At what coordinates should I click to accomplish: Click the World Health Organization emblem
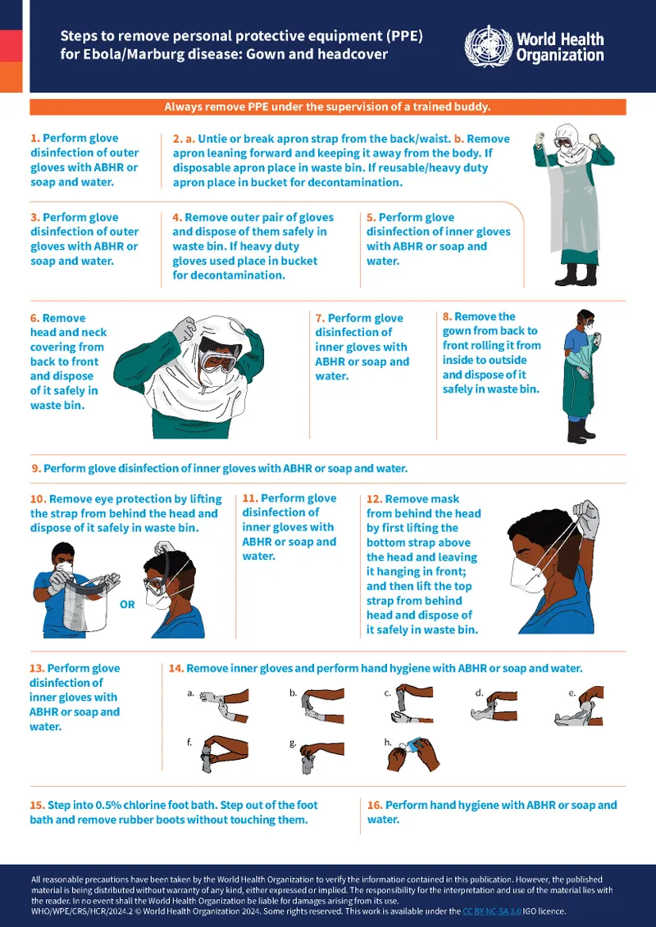(x=487, y=46)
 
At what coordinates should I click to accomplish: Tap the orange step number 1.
(x=34, y=139)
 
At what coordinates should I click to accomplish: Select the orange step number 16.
(x=375, y=805)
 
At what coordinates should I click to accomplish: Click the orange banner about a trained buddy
(x=327, y=107)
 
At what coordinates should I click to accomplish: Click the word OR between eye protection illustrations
(x=127, y=604)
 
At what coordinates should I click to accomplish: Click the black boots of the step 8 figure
(x=580, y=430)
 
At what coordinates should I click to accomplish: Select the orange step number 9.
(x=35, y=469)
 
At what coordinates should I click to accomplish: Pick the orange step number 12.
(x=374, y=498)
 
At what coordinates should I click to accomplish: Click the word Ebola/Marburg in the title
(x=121, y=55)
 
